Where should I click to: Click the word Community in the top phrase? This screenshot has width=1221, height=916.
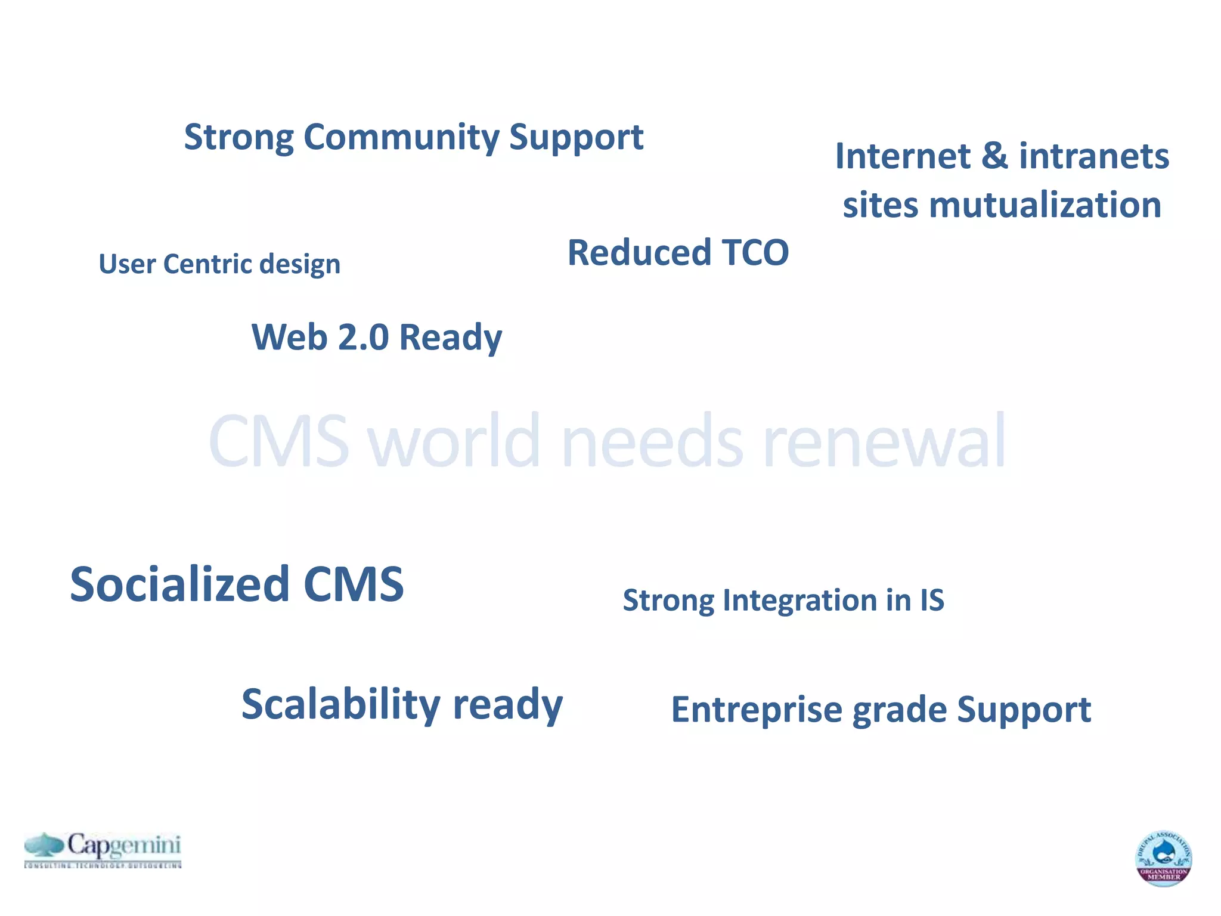point(401,137)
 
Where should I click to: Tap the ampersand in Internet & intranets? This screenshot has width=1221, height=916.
point(994,156)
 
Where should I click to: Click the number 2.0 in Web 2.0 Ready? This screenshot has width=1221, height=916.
point(363,337)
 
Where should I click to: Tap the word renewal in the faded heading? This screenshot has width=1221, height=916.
point(884,441)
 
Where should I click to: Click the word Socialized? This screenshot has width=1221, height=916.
point(179,584)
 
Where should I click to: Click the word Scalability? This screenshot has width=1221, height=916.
point(340,704)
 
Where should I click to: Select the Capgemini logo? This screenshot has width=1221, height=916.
point(103,849)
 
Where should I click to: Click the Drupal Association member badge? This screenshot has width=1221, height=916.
point(1163,858)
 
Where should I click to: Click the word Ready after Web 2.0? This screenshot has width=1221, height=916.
point(450,338)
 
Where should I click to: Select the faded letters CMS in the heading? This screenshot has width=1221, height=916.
point(278,441)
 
